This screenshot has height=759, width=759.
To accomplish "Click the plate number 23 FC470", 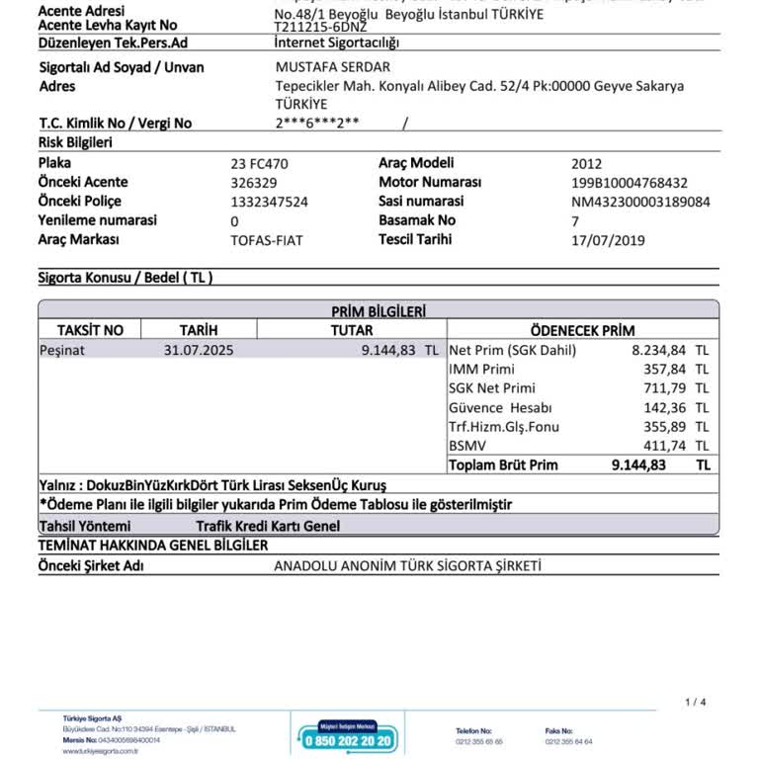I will (x=259, y=164).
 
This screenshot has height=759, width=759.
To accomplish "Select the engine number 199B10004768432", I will (x=629, y=183).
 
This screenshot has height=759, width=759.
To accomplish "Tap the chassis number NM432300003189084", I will (x=640, y=202).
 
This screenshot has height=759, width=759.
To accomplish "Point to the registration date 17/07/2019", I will (x=608, y=240).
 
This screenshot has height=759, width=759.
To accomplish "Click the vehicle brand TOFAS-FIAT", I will (x=266, y=240).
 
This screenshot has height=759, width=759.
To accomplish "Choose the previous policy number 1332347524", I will (x=269, y=202).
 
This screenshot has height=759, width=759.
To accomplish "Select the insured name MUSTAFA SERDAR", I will (x=332, y=67).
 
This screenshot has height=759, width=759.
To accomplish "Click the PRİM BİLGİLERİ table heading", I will (x=379, y=311).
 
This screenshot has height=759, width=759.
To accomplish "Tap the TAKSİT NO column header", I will (x=90, y=330).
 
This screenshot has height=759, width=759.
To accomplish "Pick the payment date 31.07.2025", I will (x=199, y=350).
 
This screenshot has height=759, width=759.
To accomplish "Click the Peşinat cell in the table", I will (x=62, y=350).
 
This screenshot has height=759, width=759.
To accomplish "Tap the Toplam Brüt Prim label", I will (x=503, y=464).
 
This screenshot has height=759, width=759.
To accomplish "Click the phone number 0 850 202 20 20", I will (x=347, y=741).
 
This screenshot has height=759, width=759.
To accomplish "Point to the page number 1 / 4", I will (x=695, y=703).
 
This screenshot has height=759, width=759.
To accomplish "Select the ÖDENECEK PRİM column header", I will (x=582, y=330).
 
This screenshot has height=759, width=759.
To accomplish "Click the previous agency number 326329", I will (x=254, y=183).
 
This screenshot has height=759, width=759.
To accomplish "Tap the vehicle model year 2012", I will (x=586, y=164).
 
